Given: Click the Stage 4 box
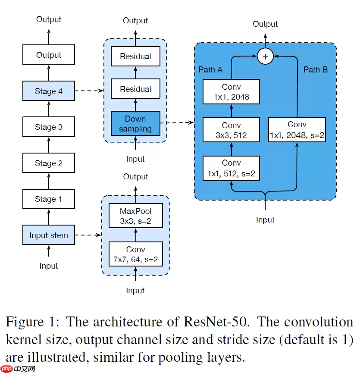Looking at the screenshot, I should (x=49, y=91).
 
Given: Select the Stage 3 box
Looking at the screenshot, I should (x=49, y=127).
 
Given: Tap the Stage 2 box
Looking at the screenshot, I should (x=49, y=163).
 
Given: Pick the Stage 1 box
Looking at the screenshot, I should (x=49, y=199).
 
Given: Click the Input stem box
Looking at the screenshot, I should (x=49, y=235).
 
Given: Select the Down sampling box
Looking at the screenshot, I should (x=135, y=124).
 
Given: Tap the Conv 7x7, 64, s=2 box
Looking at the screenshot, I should (x=136, y=255).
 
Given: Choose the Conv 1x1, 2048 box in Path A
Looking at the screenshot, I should (x=232, y=92).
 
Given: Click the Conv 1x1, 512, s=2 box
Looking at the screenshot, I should (x=232, y=169).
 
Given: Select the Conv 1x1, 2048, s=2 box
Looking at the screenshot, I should (x=297, y=130).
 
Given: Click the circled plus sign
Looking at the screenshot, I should (x=265, y=56).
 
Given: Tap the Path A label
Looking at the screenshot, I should (x=210, y=69).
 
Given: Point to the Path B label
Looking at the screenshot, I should (x=316, y=69).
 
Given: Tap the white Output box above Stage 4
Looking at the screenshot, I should (x=49, y=55).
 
